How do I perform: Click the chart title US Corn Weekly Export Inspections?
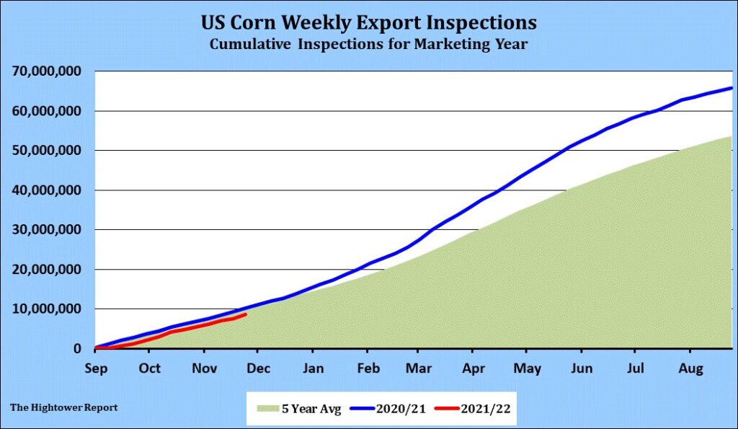coord(369,22)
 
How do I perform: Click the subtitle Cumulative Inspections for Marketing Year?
coord(369,45)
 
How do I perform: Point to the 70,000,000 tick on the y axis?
coord(48,71)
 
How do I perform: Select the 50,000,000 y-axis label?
coord(48,151)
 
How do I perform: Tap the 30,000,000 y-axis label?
coord(48,230)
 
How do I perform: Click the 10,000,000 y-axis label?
coord(48,309)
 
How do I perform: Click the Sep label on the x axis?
coord(95,368)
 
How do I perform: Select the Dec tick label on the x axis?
coord(258,368)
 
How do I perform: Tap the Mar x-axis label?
coord(419,368)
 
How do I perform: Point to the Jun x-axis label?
coord(582,368)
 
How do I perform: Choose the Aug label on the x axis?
coord(690,368)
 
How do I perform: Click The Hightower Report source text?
coord(64,407)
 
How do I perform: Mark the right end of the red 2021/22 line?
coord(246,314)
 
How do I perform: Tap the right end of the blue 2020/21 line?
coord(732,88)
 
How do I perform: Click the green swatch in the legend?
coord(266,409)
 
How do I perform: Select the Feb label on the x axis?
coord(368,368)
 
